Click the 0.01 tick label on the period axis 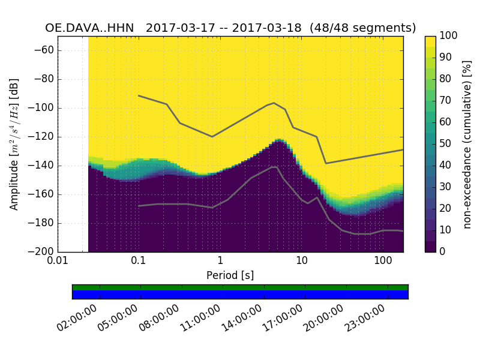pos(58,262)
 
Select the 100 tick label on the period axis pos(383,262)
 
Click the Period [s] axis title pos(230,275)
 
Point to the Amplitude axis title pos(14,144)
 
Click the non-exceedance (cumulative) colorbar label pos(467,144)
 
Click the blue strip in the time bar pos(240,295)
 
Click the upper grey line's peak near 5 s pos(274,103)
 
